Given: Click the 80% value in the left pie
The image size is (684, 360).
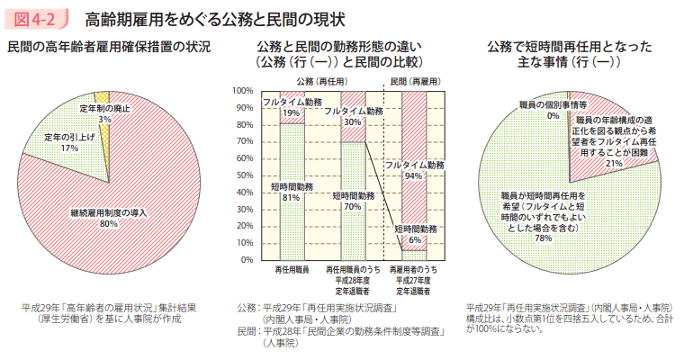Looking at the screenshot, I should point(108,223).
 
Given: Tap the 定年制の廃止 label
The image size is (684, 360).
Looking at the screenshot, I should point(104,108).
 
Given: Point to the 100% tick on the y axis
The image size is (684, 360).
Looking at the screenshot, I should point(242,91).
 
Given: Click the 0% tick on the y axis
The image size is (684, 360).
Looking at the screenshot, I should point(245,259).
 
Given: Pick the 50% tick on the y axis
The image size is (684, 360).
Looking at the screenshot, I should point(244,175).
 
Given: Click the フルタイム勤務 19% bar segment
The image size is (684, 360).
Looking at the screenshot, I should point(291,107).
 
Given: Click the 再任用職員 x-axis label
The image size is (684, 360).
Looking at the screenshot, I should point(291,270).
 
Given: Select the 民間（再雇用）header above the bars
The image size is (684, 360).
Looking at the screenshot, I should point(415,81).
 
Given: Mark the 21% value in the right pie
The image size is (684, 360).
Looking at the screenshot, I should point(614,164).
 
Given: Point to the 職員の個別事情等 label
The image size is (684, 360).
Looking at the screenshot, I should point(553,105).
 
